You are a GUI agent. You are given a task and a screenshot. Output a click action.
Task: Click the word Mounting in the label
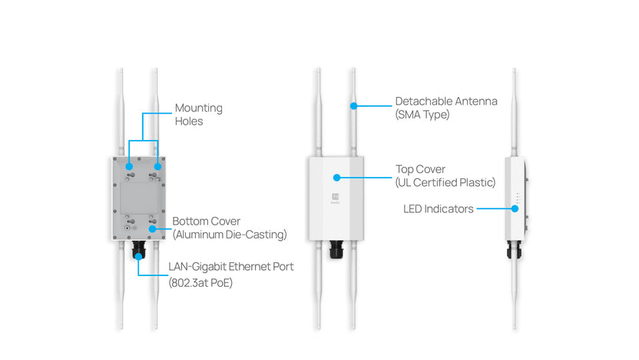pos(198,108)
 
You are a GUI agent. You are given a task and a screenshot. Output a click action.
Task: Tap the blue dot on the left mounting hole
pos(129,165)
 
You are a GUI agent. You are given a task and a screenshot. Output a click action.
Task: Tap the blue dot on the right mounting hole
pos(157,165)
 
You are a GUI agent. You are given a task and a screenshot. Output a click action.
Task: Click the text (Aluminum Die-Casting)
pos(229,234)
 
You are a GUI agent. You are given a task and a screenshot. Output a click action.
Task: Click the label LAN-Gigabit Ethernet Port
pos(231,267)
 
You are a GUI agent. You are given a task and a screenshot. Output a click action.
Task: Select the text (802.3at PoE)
pos(200,282)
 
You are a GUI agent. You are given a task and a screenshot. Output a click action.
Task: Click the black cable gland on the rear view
pos(140,250)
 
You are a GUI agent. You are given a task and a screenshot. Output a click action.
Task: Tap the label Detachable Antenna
pos(446,102)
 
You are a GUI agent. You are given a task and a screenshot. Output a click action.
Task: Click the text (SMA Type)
pos(422,115)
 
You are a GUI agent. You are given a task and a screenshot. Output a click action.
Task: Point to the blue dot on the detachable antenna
pos(353,103)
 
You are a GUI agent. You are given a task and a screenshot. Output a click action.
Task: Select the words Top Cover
pos(420,168)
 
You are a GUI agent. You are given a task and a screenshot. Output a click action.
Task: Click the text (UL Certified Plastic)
pos(445,182)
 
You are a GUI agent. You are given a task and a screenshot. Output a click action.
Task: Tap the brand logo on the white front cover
pos(336,197)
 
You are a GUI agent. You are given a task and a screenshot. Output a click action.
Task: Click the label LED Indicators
pos(438,208)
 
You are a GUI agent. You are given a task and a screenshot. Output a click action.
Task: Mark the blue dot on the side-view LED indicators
pos(513,208)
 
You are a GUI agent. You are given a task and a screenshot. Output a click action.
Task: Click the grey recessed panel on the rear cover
pos(143,197)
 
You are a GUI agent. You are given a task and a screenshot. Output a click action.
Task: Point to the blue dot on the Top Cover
pos(336,176)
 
